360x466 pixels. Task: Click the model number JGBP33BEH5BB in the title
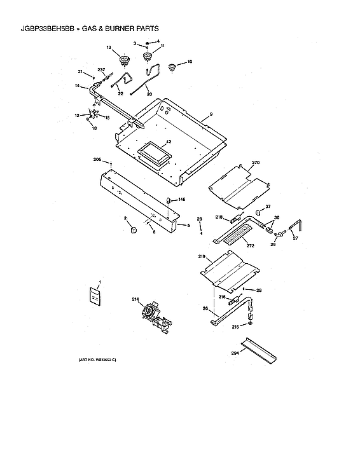(x=41, y=29)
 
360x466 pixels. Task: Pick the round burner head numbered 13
(x=123, y=61)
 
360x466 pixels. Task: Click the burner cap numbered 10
(x=171, y=67)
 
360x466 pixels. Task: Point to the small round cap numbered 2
(x=134, y=231)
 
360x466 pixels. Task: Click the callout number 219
(x=201, y=257)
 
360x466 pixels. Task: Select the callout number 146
(x=181, y=200)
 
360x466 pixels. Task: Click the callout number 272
(x=250, y=245)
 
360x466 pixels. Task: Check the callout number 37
(x=268, y=207)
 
